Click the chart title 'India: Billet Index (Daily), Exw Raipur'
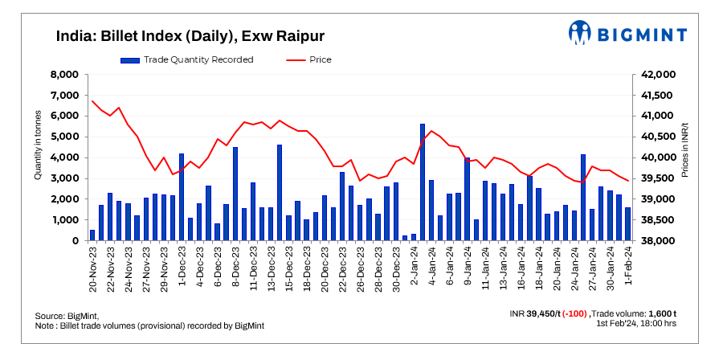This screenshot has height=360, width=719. coord(190,36)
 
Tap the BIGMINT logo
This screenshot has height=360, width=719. coord(627,33)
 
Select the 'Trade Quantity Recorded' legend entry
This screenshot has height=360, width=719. coord(186,59)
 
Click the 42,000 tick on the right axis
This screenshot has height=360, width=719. coord(660,75)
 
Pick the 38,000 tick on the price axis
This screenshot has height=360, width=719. coord(660,241)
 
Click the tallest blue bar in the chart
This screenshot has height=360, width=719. coord(423,182)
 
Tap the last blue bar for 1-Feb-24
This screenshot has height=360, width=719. coord(627,224)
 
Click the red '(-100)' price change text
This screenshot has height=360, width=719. coord(575,313)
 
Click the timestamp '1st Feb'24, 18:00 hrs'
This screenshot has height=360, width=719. coord(636,324)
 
